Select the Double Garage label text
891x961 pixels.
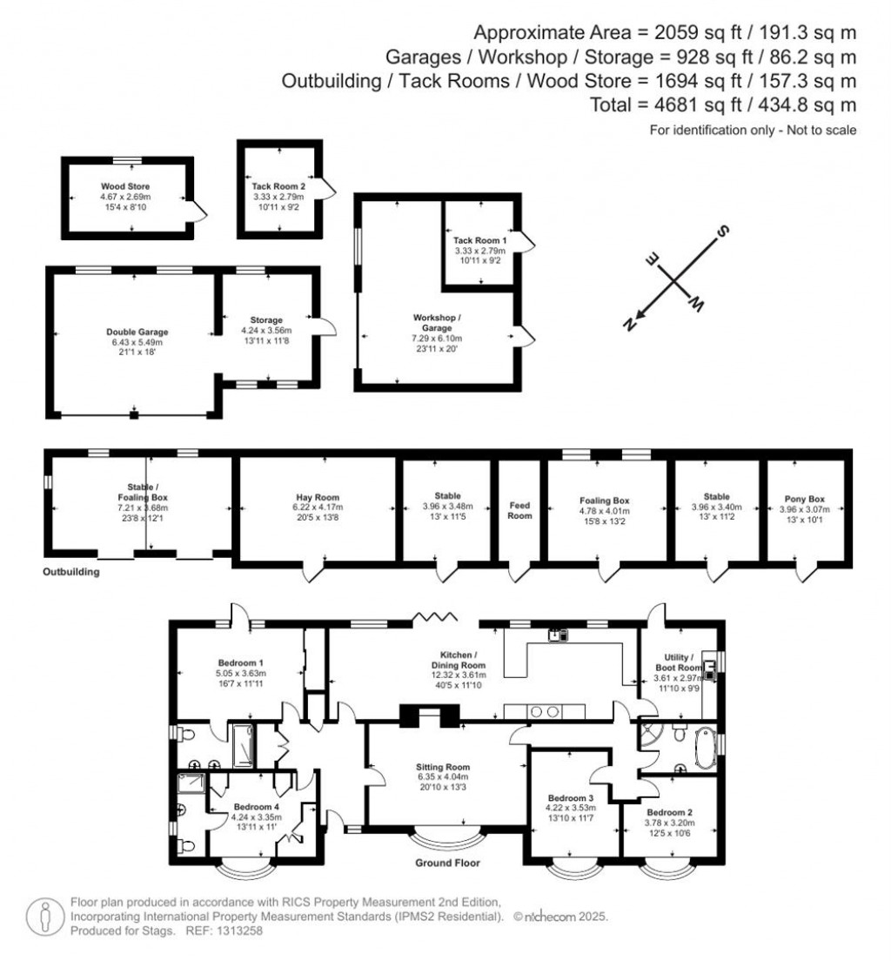point(137,332)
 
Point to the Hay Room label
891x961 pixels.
point(320,496)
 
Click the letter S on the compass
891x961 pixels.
point(721,232)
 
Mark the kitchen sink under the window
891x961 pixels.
point(558,635)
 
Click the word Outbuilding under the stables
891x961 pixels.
point(71,573)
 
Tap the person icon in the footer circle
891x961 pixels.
point(44,916)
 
